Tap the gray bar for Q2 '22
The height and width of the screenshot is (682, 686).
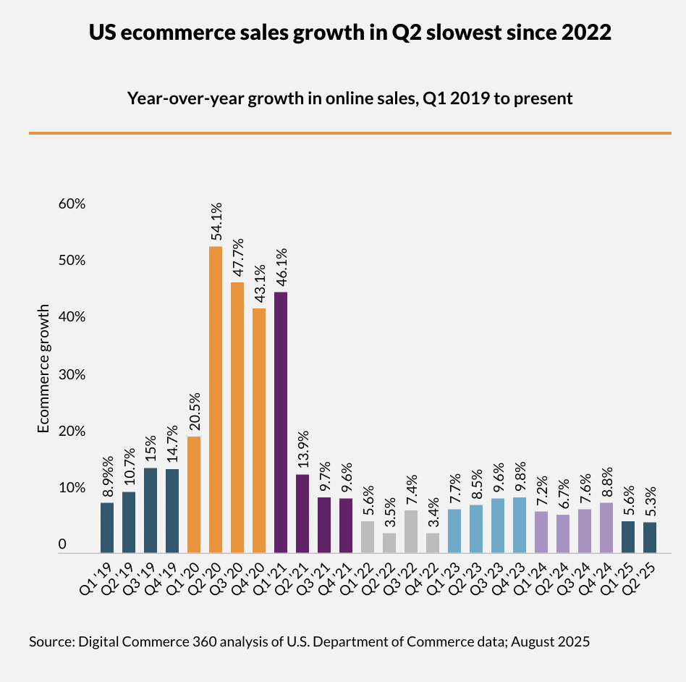tap(389, 543)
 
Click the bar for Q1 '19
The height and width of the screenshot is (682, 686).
tap(107, 528)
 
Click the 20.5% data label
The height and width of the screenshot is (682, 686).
tap(195, 411)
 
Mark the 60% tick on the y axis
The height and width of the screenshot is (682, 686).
tap(72, 203)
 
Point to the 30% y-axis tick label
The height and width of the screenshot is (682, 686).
tap(72, 374)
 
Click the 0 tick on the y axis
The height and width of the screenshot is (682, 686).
tap(63, 544)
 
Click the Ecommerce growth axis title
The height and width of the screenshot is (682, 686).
tap(43, 369)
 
